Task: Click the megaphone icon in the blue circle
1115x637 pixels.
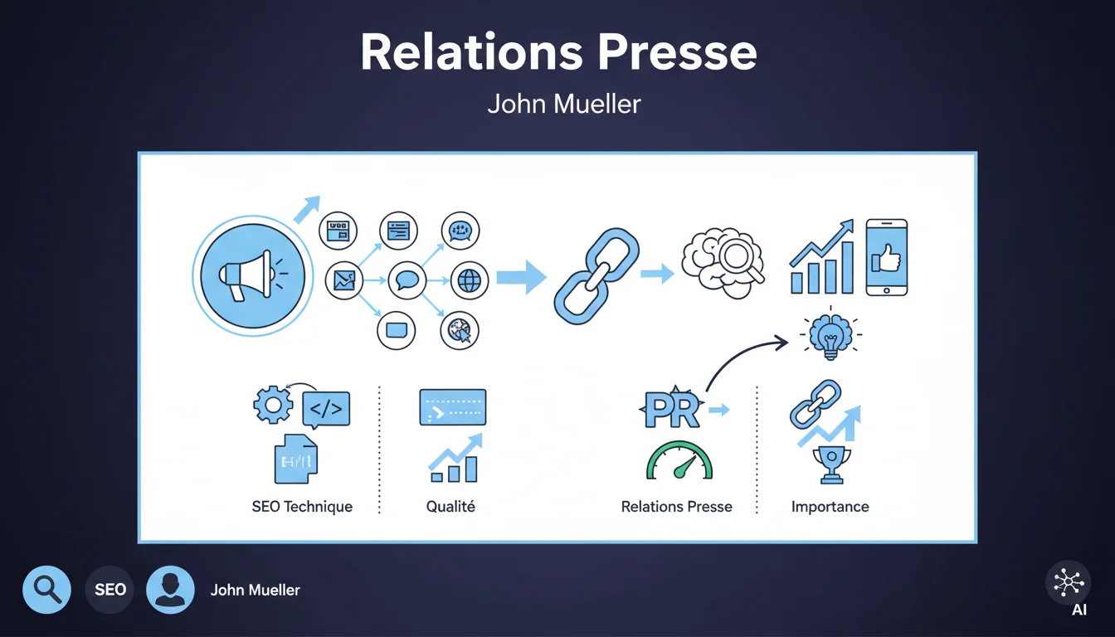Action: click(x=249, y=275)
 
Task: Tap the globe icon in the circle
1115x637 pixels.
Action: click(x=470, y=281)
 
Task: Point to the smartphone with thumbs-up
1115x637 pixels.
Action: click(x=886, y=256)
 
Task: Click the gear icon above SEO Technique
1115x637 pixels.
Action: click(x=273, y=406)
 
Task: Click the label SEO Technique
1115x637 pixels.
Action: click(x=302, y=507)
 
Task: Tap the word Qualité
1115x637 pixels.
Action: click(x=450, y=507)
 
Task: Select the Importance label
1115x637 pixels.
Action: click(x=830, y=507)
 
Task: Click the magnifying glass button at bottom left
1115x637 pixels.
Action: click(x=46, y=590)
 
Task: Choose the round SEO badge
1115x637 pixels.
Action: click(x=110, y=590)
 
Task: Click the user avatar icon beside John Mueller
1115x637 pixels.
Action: click(x=170, y=590)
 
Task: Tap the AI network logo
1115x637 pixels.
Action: click(x=1068, y=583)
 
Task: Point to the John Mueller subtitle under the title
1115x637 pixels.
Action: click(x=563, y=105)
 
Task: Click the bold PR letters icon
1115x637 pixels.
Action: click(x=672, y=411)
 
